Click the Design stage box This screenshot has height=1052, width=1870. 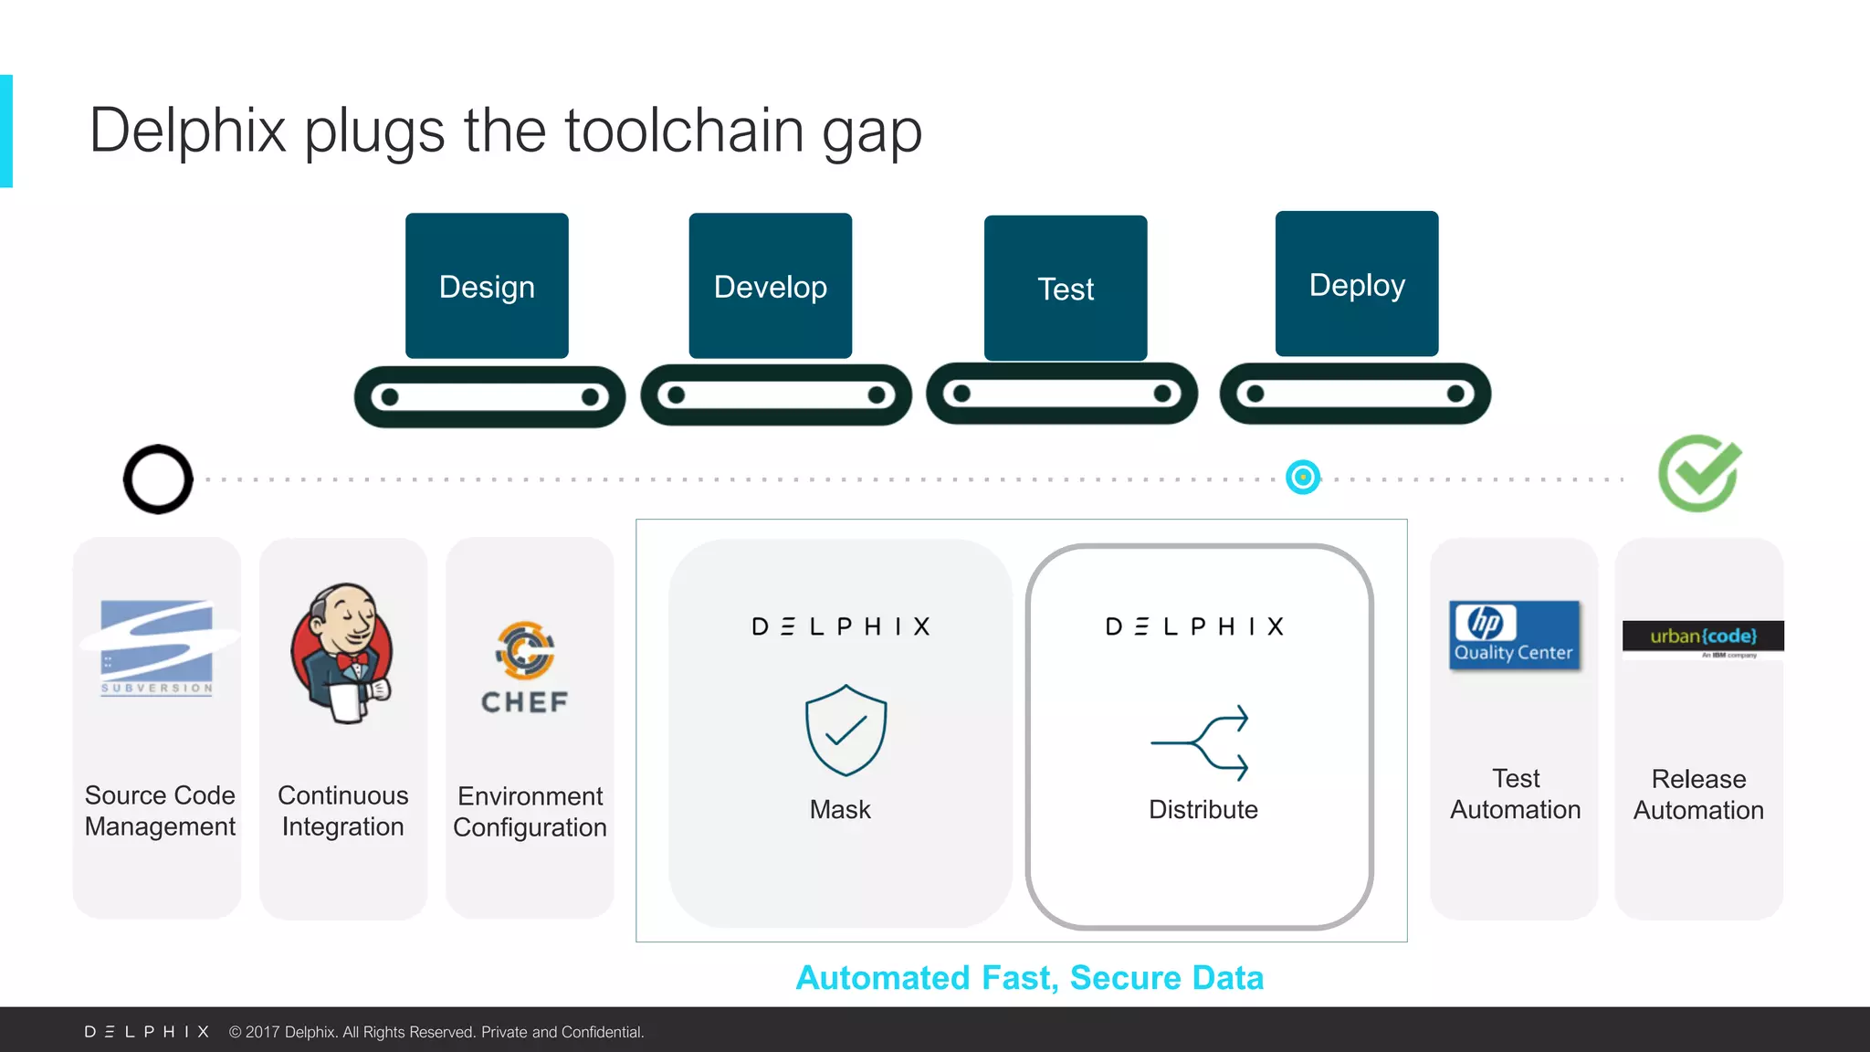(487, 286)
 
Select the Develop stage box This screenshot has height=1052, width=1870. (770, 286)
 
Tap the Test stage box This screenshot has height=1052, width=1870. (1065, 289)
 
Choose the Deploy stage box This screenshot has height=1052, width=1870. (1356, 284)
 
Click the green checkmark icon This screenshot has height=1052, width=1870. (1699, 473)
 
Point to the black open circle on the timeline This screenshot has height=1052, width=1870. (158, 479)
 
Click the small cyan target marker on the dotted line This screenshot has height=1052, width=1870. (1303, 477)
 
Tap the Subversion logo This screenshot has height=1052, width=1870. (157, 647)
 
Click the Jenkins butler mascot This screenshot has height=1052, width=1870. (342, 654)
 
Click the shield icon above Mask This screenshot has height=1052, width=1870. (846, 731)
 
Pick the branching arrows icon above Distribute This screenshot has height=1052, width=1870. (1200, 742)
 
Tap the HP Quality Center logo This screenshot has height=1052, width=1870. (1514, 636)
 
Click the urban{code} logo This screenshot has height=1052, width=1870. (1703, 636)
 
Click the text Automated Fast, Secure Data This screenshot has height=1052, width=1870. (1029, 978)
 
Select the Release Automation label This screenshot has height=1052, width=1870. (1698, 794)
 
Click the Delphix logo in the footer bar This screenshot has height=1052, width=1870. (147, 1032)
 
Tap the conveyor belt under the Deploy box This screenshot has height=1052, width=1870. (1355, 394)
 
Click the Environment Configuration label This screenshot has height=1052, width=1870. (530, 811)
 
